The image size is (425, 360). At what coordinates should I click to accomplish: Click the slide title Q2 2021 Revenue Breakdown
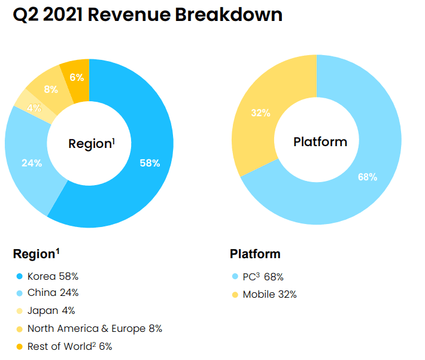147,14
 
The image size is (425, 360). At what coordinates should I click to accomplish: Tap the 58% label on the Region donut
150,163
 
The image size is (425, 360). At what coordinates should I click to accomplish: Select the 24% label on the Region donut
32,163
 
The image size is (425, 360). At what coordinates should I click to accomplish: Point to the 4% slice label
34,108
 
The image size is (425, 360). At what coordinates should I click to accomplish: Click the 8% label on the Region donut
51,90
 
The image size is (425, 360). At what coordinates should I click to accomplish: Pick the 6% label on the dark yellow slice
77,77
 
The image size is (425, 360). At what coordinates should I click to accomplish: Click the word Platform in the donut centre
320,142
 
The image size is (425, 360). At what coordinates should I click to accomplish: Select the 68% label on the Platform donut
367,177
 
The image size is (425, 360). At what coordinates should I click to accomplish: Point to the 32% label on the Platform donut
260,113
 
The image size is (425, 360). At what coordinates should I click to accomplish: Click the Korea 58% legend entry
53,276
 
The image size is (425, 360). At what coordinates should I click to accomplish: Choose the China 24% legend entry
53,294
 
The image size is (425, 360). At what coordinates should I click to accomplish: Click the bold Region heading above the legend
36,254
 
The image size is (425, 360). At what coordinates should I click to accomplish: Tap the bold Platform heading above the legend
255,254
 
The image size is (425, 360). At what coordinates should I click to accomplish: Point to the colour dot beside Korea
19,277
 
